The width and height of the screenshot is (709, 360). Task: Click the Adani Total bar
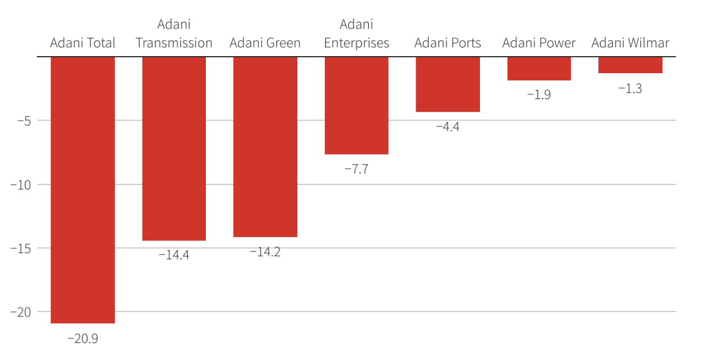[83, 190]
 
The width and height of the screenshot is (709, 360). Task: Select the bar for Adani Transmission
[174, 149]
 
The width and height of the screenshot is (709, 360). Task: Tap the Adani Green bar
[265, 147]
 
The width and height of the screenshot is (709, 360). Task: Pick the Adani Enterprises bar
[357, 105]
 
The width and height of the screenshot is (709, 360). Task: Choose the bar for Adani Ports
[448, 84]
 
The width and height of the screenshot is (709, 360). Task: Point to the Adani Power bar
[539, 68]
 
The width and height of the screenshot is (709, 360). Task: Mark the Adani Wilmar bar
[630, 65]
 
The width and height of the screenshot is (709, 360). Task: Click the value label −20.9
[83, 339]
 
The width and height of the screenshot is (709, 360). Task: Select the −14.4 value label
[174, 255]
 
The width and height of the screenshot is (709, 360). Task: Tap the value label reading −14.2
[265, 252]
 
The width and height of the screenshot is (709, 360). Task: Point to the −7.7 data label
[357, 169]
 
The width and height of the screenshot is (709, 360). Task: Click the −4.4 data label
[448, 127]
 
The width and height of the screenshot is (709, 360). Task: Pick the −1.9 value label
[539, 95]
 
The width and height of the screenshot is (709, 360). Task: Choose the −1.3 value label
[630, 88]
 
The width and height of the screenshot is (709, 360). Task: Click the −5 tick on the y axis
[20, 121]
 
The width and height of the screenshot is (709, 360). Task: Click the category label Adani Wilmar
[630, 43]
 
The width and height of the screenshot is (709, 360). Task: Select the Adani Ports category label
[448, 43]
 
